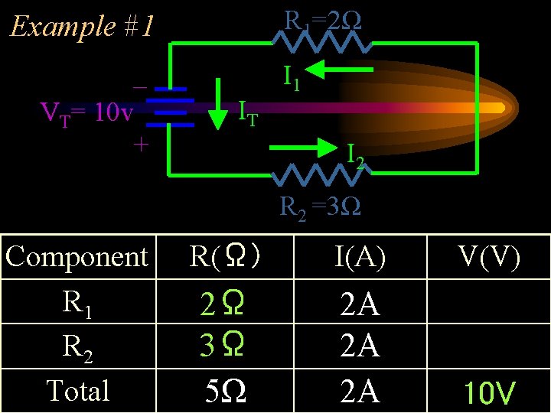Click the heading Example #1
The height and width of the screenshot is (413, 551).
click(x=81, y=27)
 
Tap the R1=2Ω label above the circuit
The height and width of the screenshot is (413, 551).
click(x=322, y=20)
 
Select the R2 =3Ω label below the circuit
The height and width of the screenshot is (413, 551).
click(x=321, y=206)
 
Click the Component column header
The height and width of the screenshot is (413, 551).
click(x=77, y=257)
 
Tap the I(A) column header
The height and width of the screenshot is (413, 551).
click(x=360, y=258)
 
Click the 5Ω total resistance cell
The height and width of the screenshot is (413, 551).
click(x=227, y=392)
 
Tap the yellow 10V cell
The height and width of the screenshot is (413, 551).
click(x=490, y=393)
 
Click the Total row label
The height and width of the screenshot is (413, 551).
click(x=78, y=390)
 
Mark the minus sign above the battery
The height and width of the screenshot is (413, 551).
click(x=140, y=86)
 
